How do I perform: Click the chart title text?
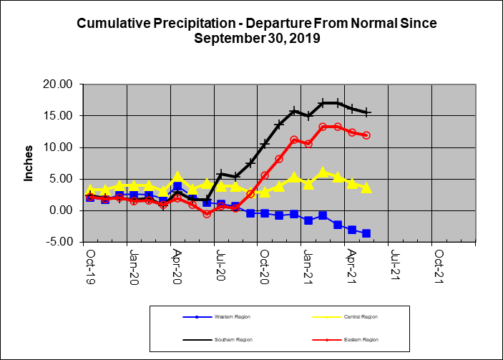(256, 30)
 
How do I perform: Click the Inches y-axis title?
(29, 163)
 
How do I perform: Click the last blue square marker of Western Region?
(366, 233)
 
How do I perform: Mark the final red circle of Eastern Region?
(366, 135)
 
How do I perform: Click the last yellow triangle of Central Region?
(366, 188)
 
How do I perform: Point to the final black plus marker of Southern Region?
(366, 112)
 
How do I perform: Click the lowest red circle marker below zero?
(207, 213)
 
